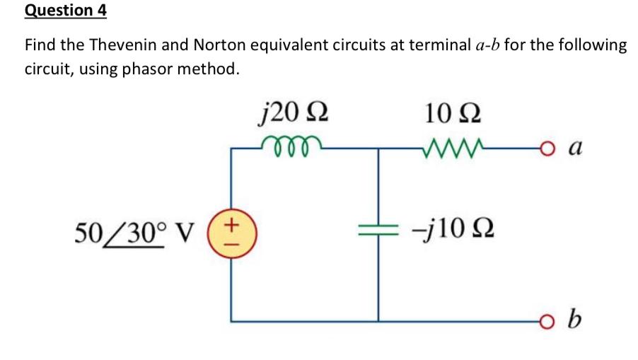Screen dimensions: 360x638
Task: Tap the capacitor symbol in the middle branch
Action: coord(378,230)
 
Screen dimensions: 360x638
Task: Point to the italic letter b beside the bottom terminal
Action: coord(575,322)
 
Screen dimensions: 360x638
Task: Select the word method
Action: coord(214,70)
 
